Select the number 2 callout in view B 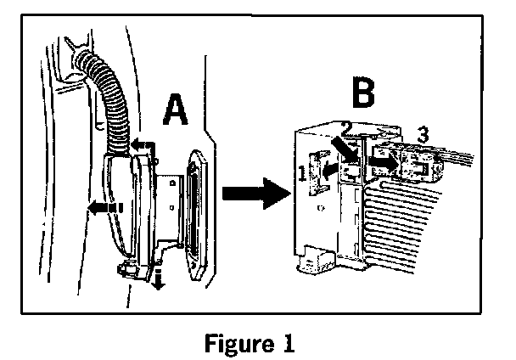(x=346, y=128)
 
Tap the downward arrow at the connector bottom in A (x=157, y=278)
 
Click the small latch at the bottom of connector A (x=132, y=270)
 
